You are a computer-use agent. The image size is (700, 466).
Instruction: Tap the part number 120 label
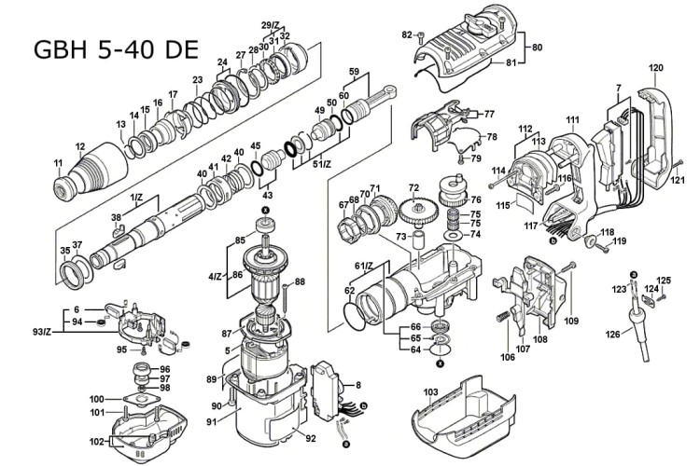point(656,68)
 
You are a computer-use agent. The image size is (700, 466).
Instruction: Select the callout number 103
point(430,393)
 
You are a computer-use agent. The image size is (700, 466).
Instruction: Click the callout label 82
point(407,34)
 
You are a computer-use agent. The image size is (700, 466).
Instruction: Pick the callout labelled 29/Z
point(271,24)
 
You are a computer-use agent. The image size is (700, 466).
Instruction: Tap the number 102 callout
point(97,443)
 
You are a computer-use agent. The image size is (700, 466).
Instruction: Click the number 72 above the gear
point(412,187)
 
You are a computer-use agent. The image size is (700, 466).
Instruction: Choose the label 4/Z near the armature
point(216,276)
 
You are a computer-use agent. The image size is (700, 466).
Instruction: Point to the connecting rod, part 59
point(368,102)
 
